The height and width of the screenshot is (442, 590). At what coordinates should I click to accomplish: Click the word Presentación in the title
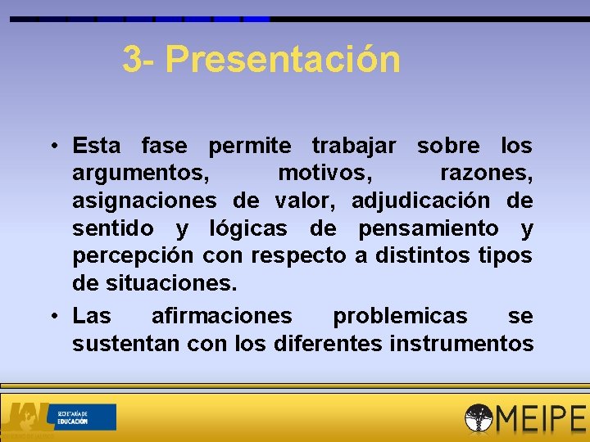click(x=283, y=60)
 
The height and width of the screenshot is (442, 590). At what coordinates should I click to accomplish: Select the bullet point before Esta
click(x=52, y=147)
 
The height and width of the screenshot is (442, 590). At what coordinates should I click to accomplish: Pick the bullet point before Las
click(x=52, y=316)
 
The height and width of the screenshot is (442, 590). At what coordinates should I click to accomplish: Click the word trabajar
click(x=354, y=147)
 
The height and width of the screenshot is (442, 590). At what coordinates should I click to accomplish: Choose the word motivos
click(x=324, y=174)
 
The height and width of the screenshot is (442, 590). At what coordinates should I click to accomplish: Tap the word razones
click(x=486, y=174)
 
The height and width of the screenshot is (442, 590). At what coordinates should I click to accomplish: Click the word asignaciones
click(x=144, y=201)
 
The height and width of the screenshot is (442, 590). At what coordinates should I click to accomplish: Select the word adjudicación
click(x=420, y=201)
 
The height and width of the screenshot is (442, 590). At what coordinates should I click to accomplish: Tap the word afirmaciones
click(x=221, y=316)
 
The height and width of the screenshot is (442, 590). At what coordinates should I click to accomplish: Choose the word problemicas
click(x=400, y=316)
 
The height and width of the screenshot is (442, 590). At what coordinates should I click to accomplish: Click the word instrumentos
click(x=461, y=343)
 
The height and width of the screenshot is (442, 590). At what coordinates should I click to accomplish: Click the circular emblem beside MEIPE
click(x=479, y=418)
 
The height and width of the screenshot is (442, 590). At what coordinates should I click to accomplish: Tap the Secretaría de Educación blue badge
click(x=84, y=417)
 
